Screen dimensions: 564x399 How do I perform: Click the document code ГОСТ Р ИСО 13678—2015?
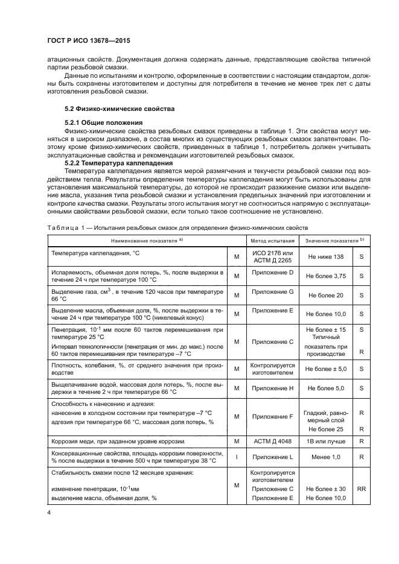point(89,41)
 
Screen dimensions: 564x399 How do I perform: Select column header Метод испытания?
point(271,241)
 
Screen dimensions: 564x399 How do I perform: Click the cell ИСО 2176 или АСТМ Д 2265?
point(272,256)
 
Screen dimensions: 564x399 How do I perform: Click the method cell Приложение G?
point(272,291)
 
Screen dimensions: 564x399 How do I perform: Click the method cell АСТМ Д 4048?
point(272,442)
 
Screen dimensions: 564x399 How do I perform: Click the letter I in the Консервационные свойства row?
point(236,457)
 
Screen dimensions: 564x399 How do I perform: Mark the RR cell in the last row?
point(362,489)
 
